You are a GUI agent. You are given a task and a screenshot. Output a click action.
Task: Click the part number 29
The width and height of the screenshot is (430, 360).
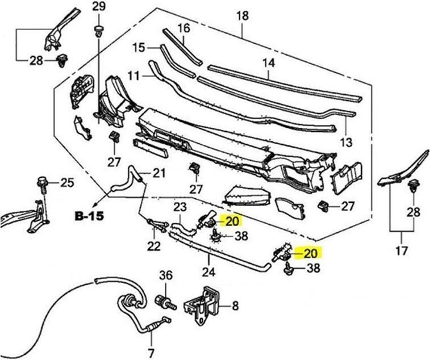click(98, 7)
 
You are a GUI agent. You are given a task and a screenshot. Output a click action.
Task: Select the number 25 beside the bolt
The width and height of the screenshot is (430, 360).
click(67, 182)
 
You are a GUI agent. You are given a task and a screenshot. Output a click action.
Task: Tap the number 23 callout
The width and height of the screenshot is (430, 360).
click(180, 207)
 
